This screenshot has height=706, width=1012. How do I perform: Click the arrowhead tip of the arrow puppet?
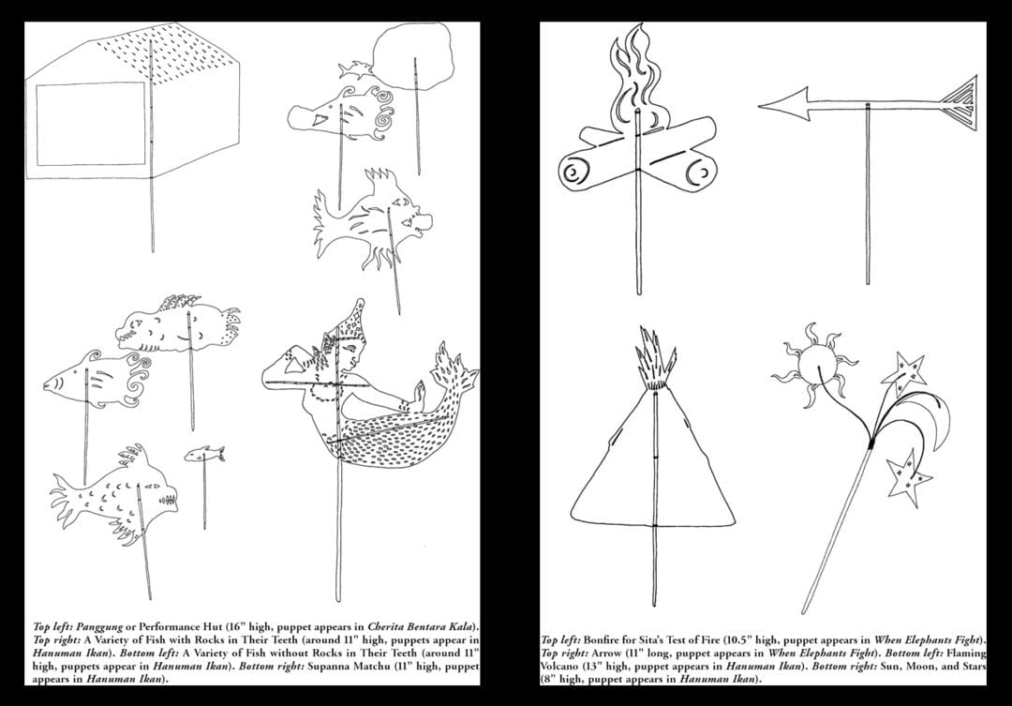click(x=760, y=106)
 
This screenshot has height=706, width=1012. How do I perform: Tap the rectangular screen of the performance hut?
click(x=90, y=124)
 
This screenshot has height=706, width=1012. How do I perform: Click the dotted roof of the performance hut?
click(x=169, y=51)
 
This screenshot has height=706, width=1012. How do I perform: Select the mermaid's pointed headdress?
click(x=351, y=323)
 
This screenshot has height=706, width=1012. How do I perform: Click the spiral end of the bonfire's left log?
click(x=573, y=173)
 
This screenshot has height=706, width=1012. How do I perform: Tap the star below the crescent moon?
click(x=909, y=478)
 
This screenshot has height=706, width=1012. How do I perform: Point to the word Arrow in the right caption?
click(x=605, y=653)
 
